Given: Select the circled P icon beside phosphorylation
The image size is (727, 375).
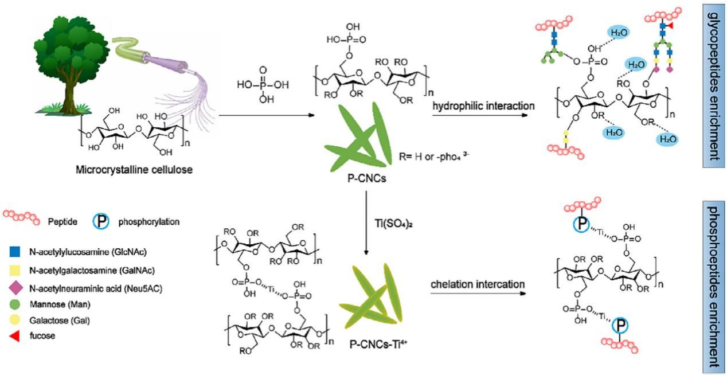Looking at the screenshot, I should point(101,221).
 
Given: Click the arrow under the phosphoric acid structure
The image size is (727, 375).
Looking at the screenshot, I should point(267,115).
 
